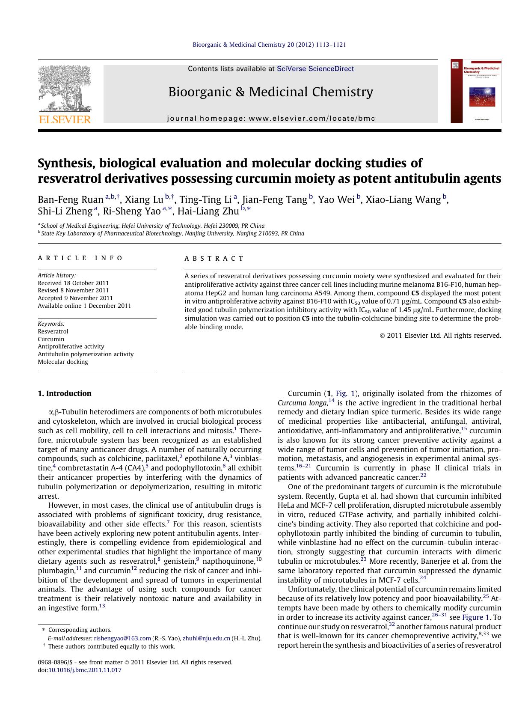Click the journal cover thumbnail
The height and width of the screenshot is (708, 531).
(x=476, y=91)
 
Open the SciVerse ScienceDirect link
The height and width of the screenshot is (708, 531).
(x=315, y=68)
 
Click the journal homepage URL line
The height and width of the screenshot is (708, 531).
(x=271, y=118)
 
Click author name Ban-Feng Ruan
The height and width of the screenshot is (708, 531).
(x=71, y=199)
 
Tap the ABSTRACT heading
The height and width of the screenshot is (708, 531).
(x=214, y=259)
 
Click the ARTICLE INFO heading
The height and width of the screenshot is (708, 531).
(x=80, y=258)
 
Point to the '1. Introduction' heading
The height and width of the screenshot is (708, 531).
(x=65, y=393)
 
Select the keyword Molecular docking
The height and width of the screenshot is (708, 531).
(x=63, y=362)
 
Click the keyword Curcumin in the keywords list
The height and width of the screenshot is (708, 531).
(x=51, y=339)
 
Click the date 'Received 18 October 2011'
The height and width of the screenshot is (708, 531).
(x=73, y=283)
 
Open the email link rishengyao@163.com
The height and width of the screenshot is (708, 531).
(x=122, y=638)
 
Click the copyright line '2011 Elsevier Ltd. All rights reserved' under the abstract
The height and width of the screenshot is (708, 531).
(x=443, y=336)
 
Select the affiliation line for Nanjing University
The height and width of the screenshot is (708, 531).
(x=172, y=234)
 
